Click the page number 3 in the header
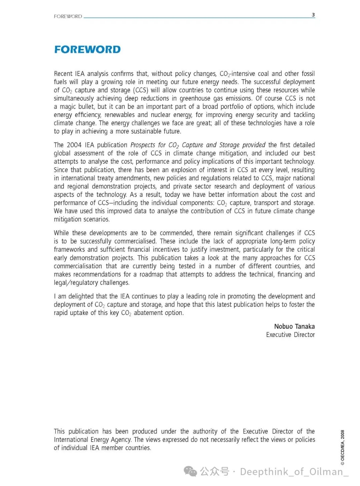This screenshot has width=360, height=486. pos(313,15)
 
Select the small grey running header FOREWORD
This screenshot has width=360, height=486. pos(68,16)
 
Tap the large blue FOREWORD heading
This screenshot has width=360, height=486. pos(87,50)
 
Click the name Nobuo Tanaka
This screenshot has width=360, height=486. pos(294,326)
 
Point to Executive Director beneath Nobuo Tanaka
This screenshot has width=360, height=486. pos(290,335)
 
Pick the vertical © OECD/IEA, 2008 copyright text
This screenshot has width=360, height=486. pos(342,447)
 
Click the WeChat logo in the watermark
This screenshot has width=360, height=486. pos(191,471)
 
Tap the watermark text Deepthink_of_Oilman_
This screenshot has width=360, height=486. pos(294,471)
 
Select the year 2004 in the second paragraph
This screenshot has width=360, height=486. pos(74,145)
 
